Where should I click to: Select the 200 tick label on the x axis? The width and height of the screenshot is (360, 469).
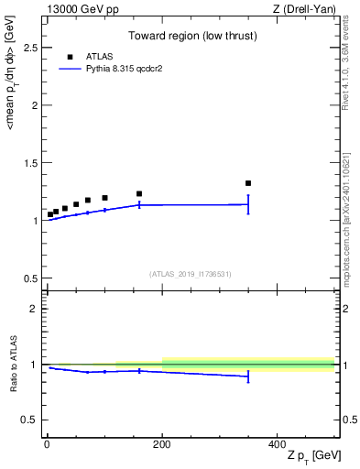point(162,443)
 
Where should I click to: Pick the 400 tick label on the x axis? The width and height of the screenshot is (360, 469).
point(277,443)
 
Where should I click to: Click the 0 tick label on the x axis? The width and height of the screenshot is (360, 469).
point(47,443)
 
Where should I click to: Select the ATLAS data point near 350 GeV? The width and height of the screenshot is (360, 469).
point(248,183)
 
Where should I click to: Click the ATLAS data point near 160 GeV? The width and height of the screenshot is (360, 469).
point(139,193)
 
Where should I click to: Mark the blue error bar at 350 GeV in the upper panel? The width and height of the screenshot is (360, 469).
point(248,204)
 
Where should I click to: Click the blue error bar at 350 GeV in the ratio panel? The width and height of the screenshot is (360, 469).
point(248,376)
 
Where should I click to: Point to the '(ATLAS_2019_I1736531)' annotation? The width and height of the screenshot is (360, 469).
point(191,274)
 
